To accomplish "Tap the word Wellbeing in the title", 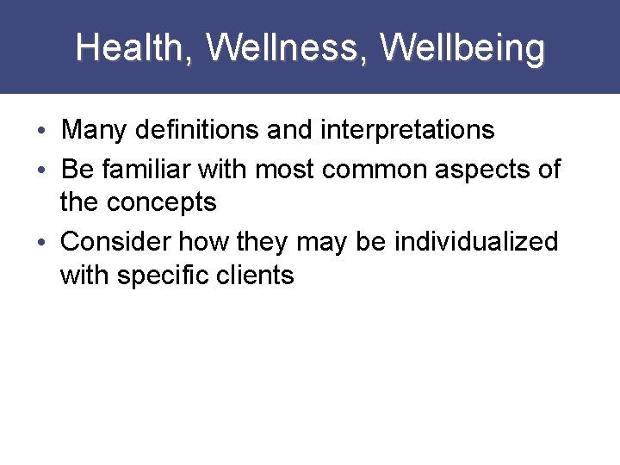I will coord(462,48).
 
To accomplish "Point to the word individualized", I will coord(476,241).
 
